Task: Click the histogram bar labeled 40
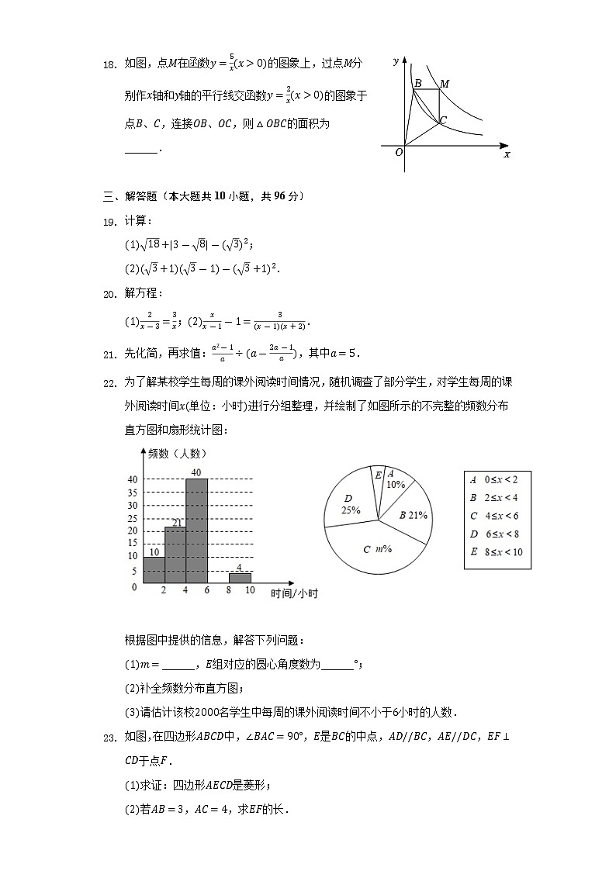[x=197, y=531]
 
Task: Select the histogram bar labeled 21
[x=175, y=555]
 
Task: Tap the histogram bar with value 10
[x=154, y=570]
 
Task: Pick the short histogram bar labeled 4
[x=240, y=578]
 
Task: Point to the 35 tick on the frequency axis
[x=133, y=493]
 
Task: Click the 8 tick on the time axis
[x=229, y=591]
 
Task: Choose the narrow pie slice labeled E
[x=378, y=481]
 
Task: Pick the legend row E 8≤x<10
[x=497, y=552]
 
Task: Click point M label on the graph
[x=445, y=83]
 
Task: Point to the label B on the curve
[x=417, y=83]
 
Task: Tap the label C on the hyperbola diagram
[x=443, y=121]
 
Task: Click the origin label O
[x=399, y=153]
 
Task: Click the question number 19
[x=111, y=222]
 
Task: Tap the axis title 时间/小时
[x=294, y=594]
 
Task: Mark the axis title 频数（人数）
[x=178, y=454]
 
